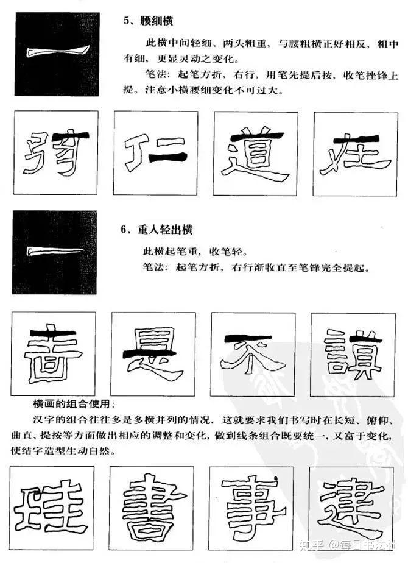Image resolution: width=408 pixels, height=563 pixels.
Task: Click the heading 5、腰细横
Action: [x=149, y=21]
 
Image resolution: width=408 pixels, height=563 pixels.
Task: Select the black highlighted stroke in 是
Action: [x=150, y=353]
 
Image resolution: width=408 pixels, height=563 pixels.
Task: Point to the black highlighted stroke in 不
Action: [x=247, y=338]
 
